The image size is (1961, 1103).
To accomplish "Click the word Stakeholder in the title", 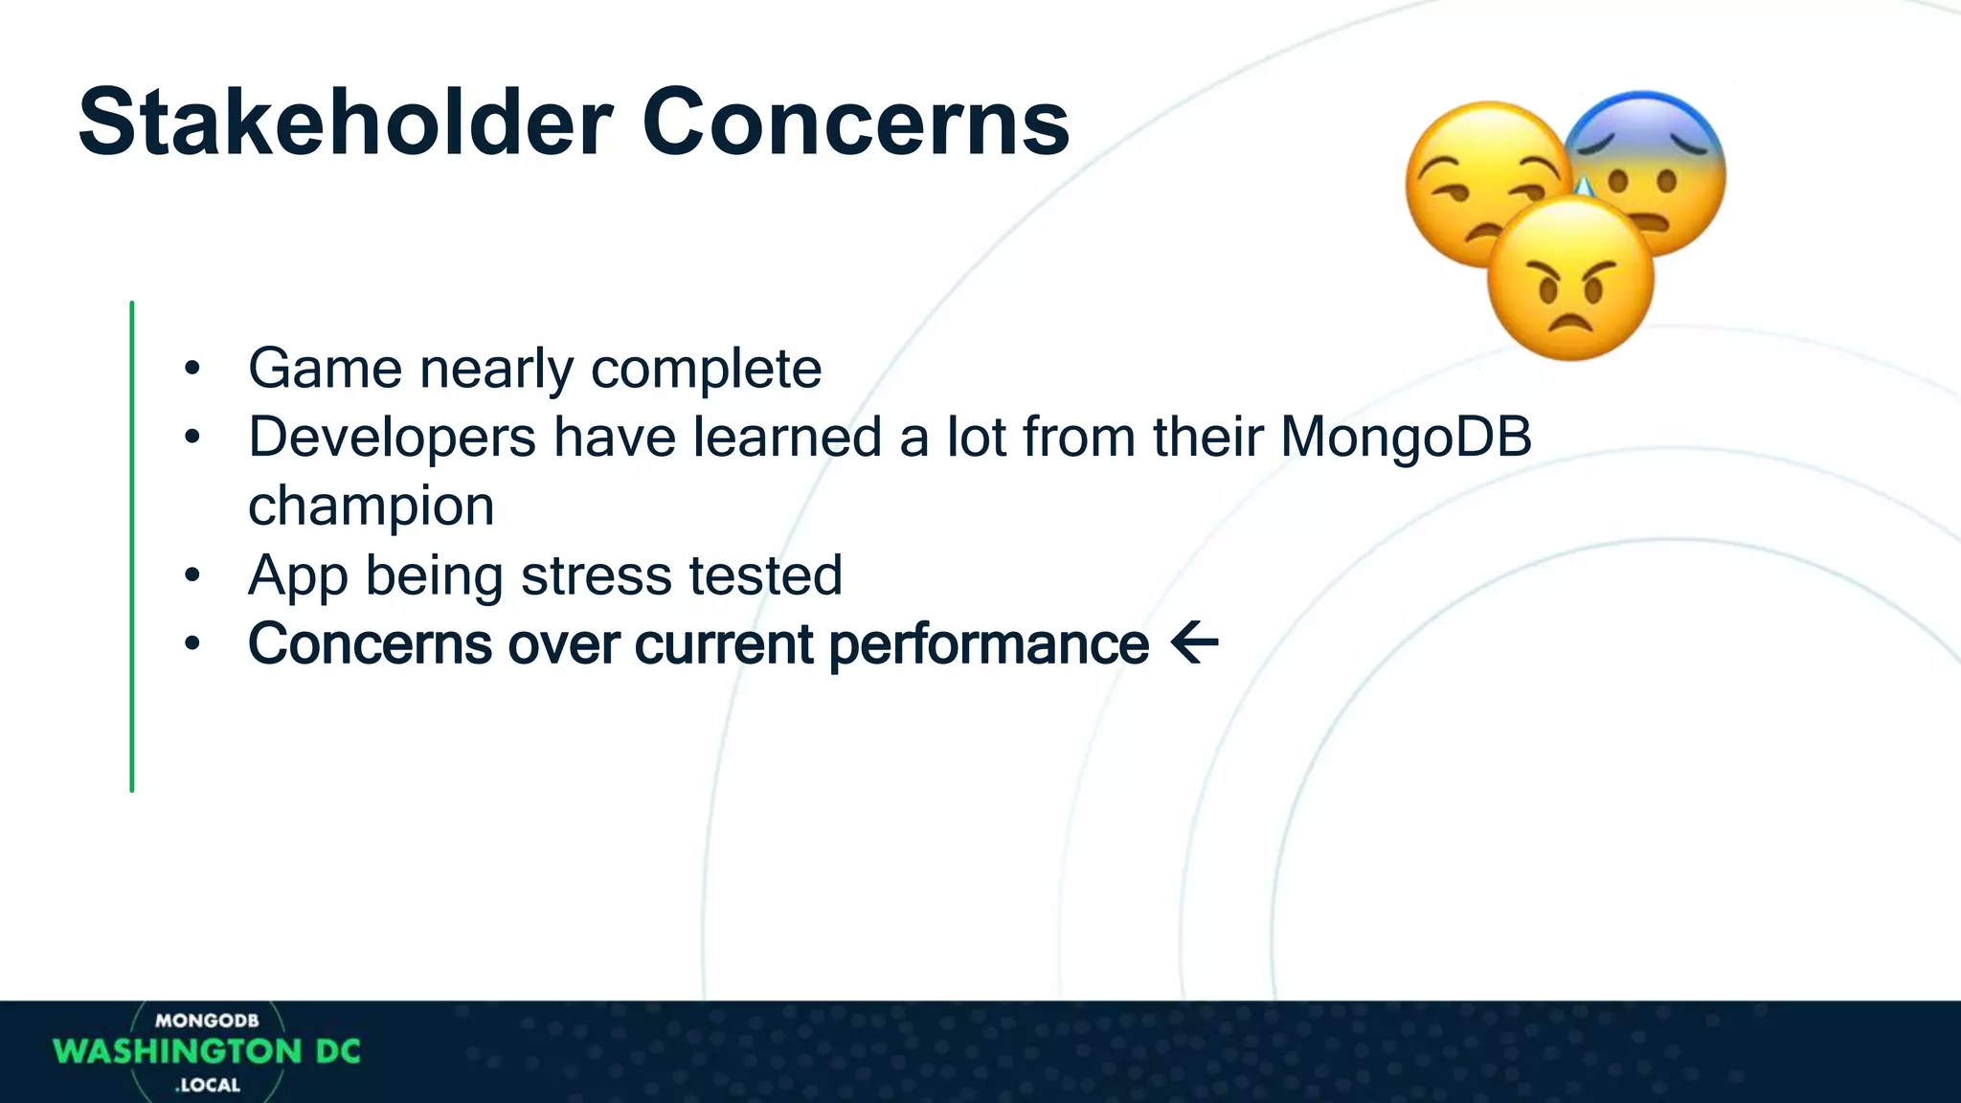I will tap(345, 123).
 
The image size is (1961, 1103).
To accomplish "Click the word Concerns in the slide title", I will tap(855, 123).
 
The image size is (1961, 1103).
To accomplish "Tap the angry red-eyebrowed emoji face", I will tap(1570, 280).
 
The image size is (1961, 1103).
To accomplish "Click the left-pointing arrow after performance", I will tap(1194, 643).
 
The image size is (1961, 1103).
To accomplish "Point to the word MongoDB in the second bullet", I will tap(1406, 438).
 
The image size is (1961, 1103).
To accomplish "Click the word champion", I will tap(371, 506).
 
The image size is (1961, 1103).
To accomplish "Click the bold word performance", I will tap(988, 644).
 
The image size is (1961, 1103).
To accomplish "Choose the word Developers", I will tap(392, 438).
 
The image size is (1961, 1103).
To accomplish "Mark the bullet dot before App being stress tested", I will tap(192, 575).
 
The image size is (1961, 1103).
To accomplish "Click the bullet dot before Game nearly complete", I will tap(192, 369).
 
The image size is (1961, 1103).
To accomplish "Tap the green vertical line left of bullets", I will tap(132, 546).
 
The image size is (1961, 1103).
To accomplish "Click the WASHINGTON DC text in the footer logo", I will tap(207, 1051).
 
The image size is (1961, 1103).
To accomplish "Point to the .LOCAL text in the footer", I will tap(208, 1085).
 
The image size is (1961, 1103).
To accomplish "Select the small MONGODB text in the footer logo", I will tap(207, 1021).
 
